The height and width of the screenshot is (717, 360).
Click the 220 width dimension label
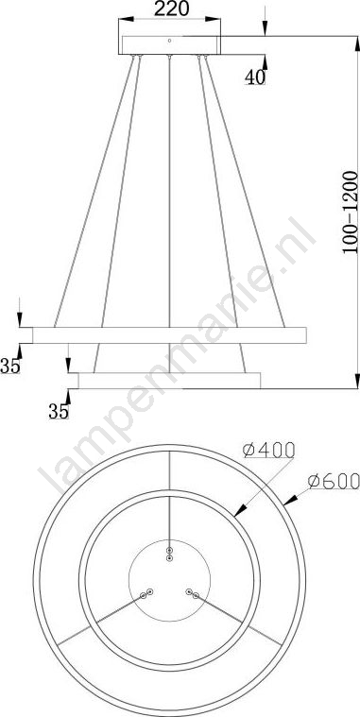tap(171, 9)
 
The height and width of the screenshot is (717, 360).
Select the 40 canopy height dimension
tap(255, 77)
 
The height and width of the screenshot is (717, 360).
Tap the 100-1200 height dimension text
tap(350, 213)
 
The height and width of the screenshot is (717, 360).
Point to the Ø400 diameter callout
tap(268, 450)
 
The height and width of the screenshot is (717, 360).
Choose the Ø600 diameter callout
tap(334, 481)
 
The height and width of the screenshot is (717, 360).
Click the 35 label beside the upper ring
tap(10, 367)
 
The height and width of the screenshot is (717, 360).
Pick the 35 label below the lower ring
tap(59, 412)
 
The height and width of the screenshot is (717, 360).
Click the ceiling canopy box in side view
tap(170, 44)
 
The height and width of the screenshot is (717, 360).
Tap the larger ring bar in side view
tap(169, 335)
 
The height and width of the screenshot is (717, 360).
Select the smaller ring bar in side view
tap(169, 381)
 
